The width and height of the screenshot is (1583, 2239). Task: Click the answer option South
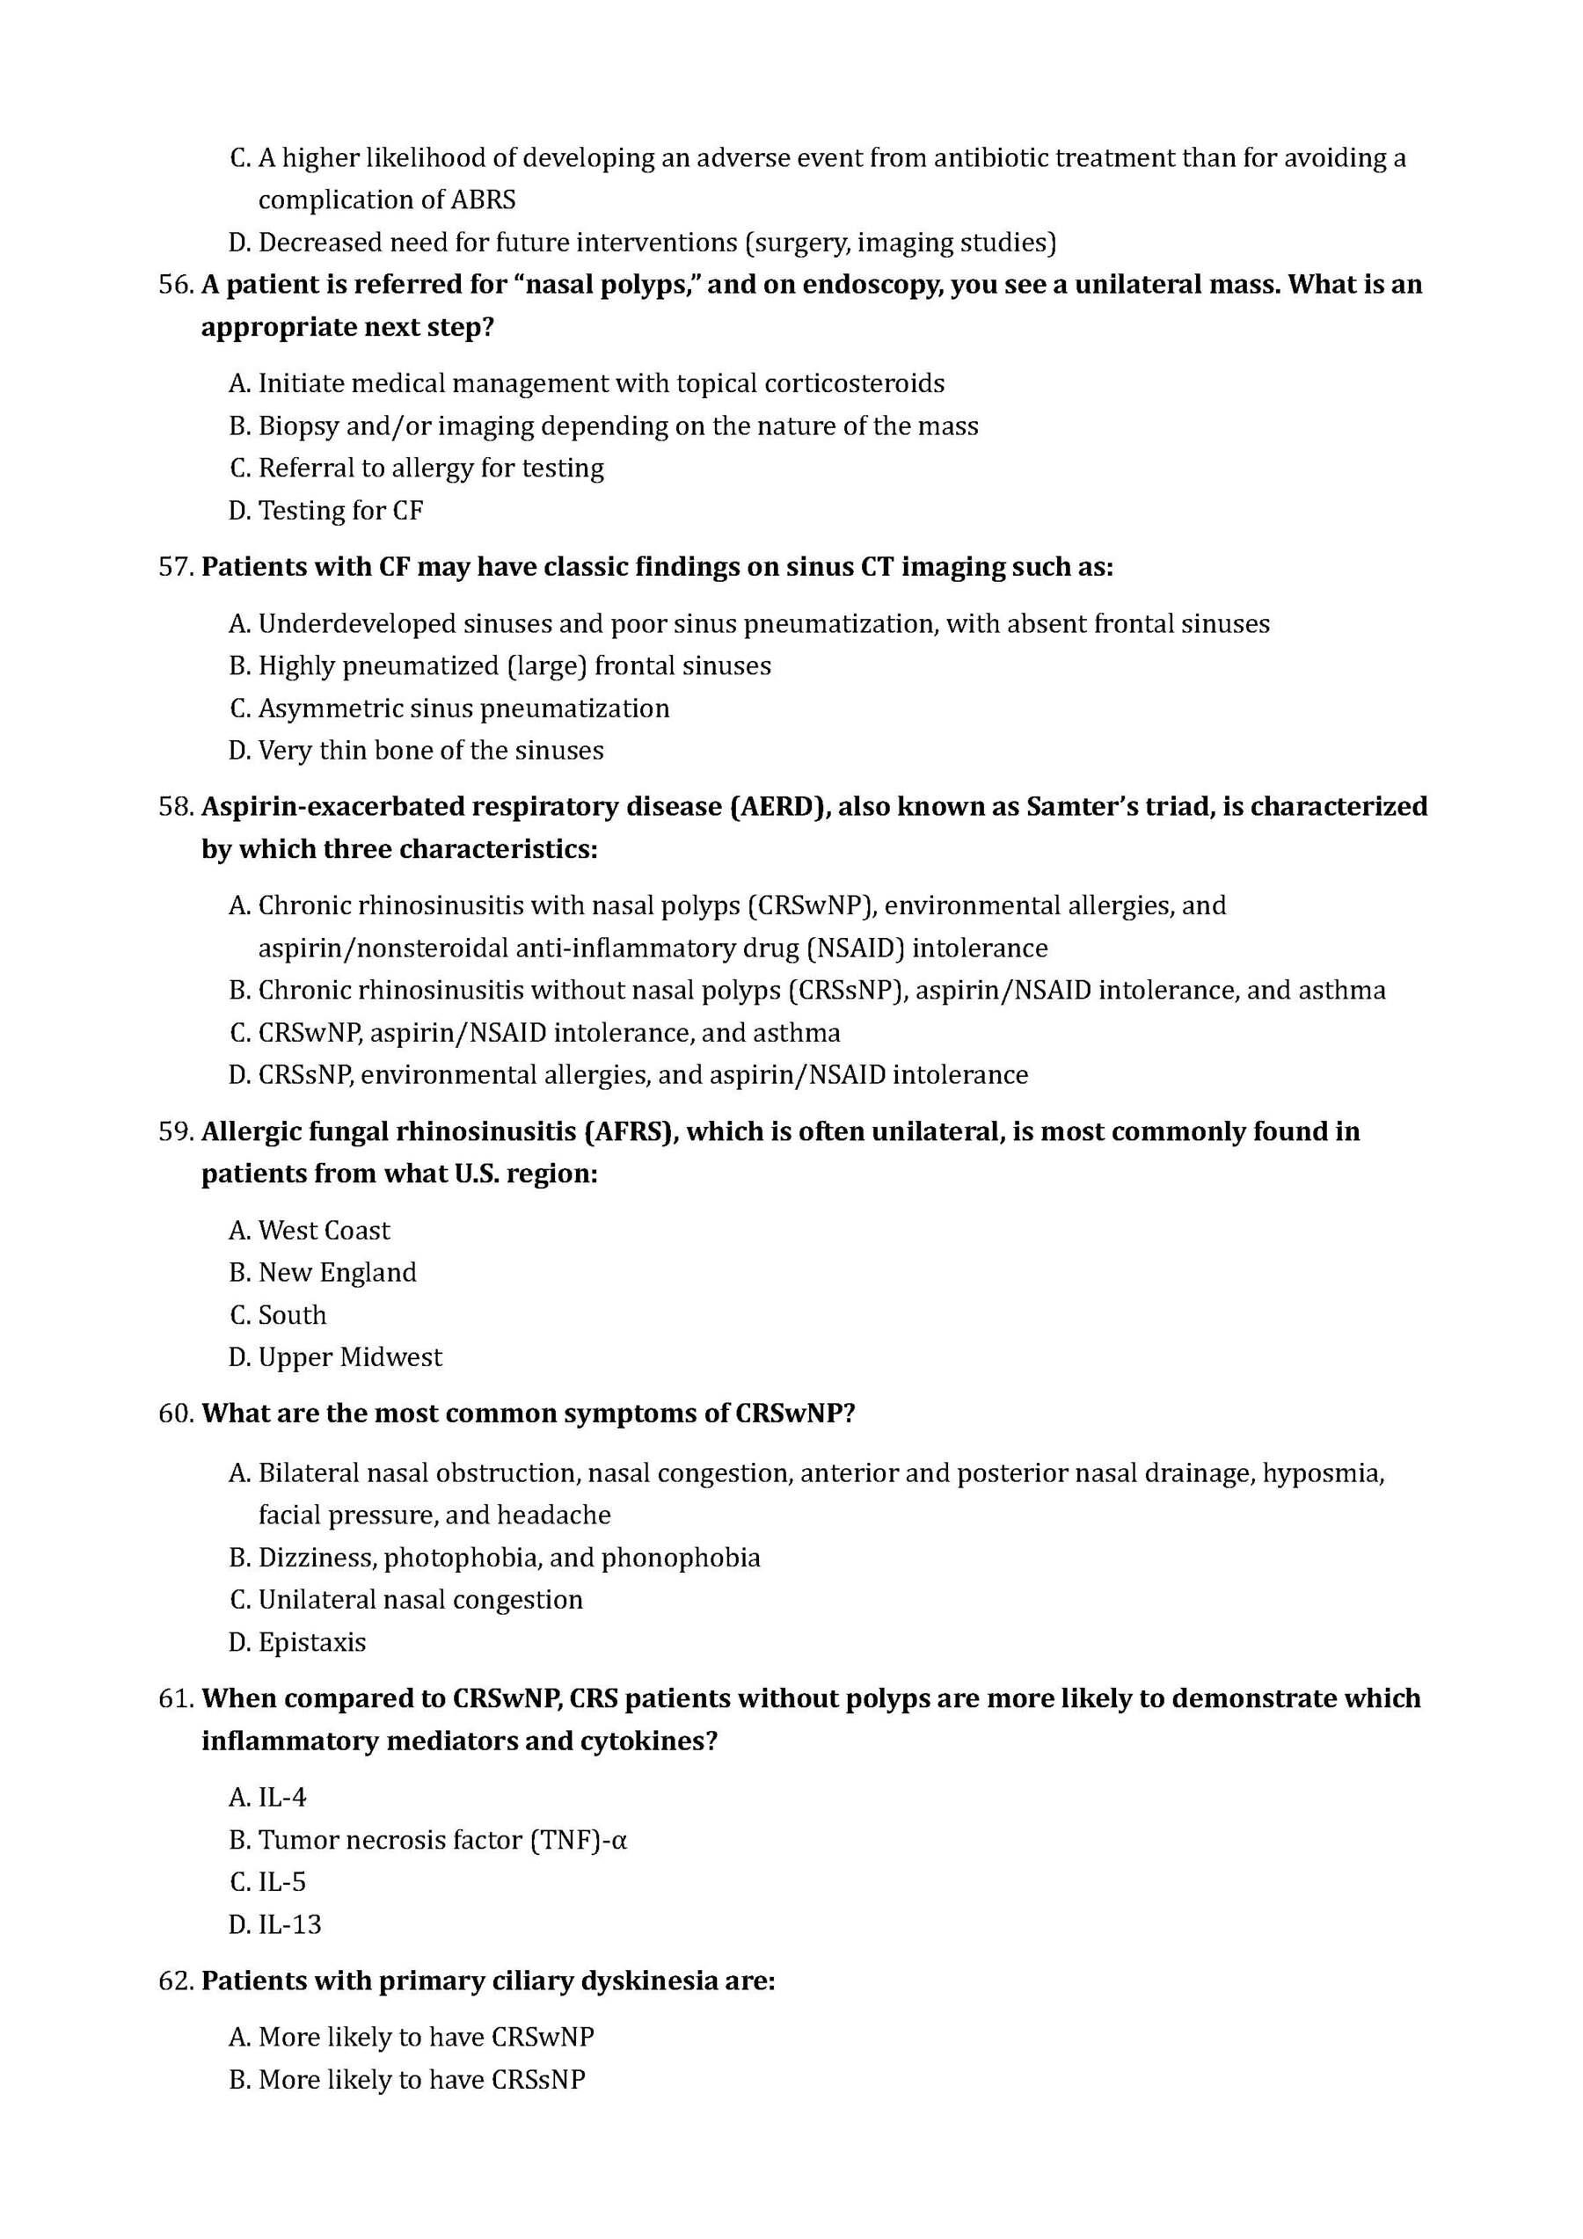(x=292, y=1314)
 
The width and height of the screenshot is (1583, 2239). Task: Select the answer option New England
(x=337, y=1273)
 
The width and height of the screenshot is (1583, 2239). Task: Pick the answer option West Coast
(x=323, y=1231)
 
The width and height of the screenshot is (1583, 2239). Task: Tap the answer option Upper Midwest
(x=349, y=1357)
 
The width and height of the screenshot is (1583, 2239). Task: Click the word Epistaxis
(x=311, y=1642)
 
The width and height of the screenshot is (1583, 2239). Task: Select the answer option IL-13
(x=288, y=1924)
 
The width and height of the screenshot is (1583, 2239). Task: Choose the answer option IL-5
(x=282, y=1882)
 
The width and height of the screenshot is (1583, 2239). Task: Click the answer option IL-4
(x=282, y=1797)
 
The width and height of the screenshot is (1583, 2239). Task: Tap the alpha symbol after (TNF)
(x=616, y=1840)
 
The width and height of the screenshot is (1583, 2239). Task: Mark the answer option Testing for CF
(x=339, y=511)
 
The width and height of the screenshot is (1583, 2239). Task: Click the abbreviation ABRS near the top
(x=483, y=200)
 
